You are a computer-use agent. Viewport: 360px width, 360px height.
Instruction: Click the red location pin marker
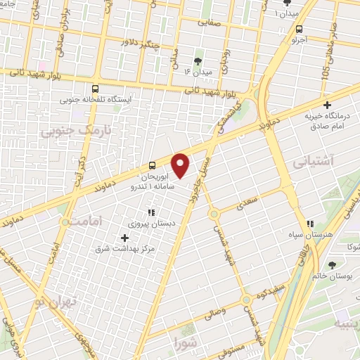click(181, 165)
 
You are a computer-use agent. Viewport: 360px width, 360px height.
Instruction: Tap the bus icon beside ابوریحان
click(153, 167)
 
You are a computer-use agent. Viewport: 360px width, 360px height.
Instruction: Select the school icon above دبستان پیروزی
click(150, 212)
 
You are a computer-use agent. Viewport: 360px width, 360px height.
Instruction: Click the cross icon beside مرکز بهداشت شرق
click(125, 238)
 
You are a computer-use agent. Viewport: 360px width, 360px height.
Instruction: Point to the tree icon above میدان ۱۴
click(198, 60)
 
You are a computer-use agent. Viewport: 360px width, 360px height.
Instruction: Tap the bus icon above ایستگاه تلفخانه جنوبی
click(95, 89)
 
